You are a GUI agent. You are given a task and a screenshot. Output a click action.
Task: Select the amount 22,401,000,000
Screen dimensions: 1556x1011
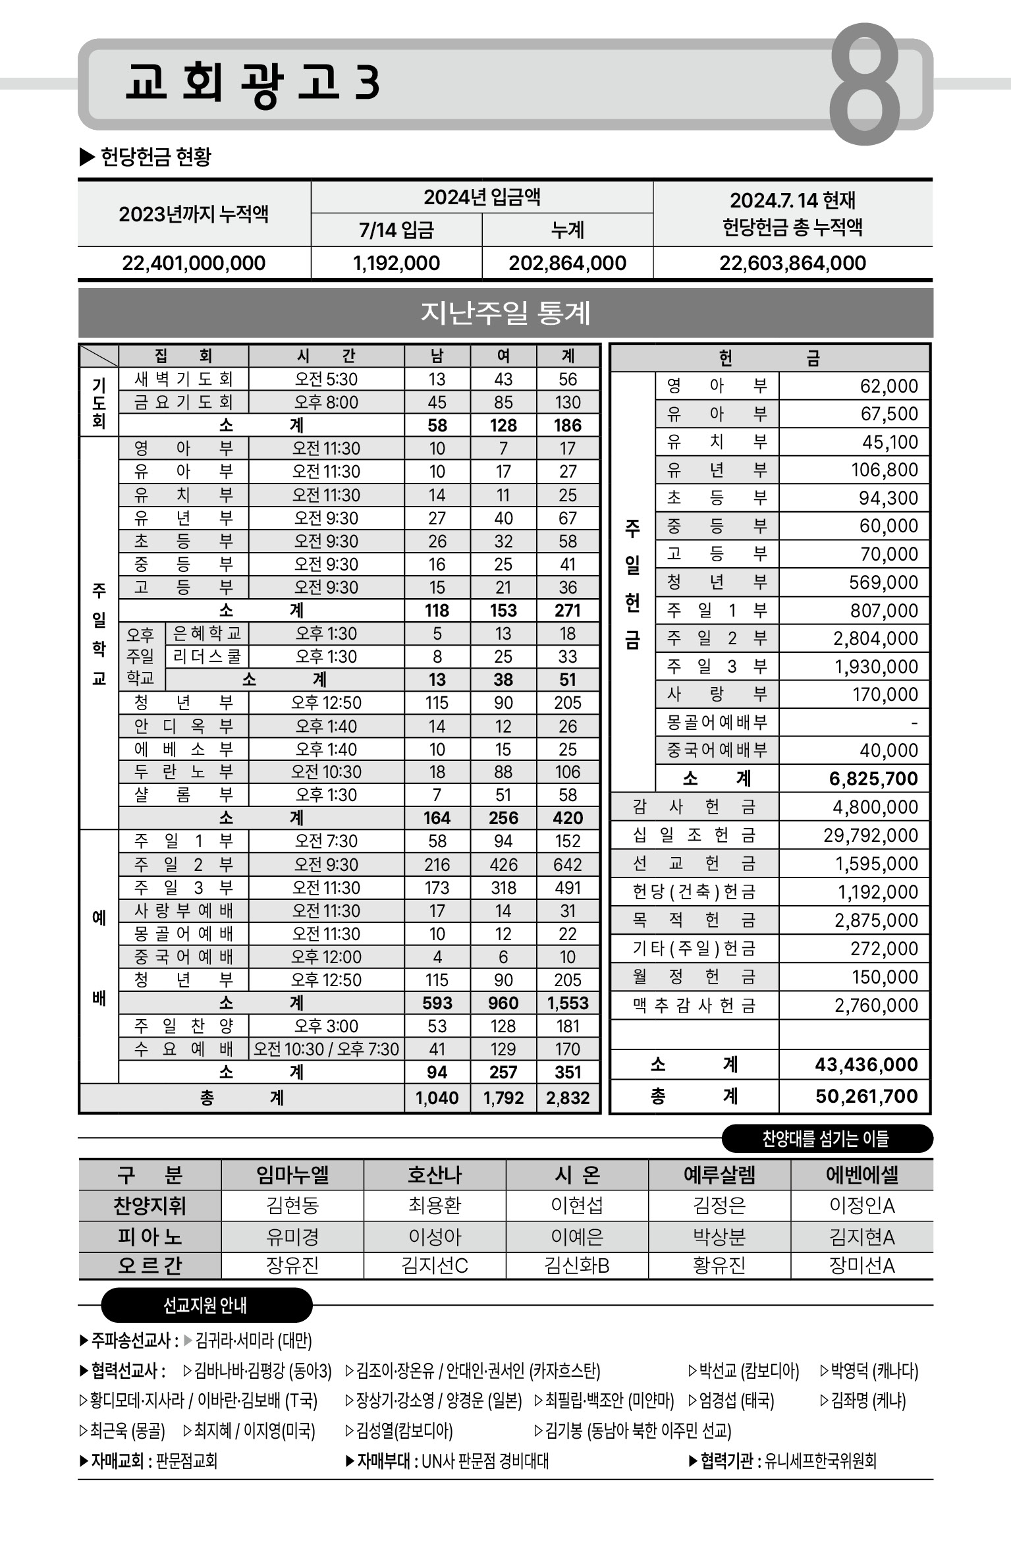click(x=194, y=264)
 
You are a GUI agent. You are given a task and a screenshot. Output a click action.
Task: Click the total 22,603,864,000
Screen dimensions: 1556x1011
click(x=792, y=264)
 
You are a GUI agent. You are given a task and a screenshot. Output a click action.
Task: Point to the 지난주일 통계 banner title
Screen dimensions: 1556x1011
click(x=505, y=313)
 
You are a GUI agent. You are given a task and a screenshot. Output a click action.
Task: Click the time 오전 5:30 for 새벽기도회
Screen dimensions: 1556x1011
click(x=326, y=379)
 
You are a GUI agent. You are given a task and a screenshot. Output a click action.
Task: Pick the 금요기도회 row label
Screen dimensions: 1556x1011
click(x=183, y=403)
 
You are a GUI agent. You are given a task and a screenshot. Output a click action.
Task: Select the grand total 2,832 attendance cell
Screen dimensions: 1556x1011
click(x=568, y=1098)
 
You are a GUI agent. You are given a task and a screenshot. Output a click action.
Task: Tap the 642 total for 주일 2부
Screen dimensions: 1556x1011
click(x=568, y=864)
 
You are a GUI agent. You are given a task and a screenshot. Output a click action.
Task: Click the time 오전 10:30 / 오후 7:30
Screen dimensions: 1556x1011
click(x=326, y=1049)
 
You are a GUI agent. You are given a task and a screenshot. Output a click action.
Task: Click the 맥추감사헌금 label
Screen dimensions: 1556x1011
click(x=694, y=1005)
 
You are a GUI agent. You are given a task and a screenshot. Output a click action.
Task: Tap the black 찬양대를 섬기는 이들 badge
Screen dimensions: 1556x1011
click(x=827, y=1138)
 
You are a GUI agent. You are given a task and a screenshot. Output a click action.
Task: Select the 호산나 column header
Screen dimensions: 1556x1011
click(x=435, y=1175)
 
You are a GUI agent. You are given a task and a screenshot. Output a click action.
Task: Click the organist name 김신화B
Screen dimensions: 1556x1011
click(x=577, y=1265)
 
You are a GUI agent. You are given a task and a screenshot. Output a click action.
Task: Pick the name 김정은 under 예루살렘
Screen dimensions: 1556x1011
click(x=719, y=1206)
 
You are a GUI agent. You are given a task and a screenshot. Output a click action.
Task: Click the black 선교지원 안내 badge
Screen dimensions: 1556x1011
click(x=205, y=1305)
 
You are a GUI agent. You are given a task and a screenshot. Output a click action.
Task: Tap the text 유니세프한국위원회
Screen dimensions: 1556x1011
click(x=820, y=1461)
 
